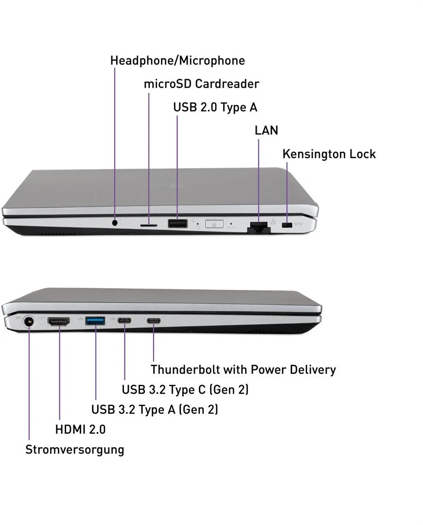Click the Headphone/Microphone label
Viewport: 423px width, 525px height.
[177, 61]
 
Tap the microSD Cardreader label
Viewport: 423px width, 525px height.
[201, 84]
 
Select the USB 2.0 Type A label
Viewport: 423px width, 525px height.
[215, 107]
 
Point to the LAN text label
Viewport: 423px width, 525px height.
[266, 130]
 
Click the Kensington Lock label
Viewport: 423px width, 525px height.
[329, 154]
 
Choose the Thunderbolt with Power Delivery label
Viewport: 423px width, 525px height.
[243, 369]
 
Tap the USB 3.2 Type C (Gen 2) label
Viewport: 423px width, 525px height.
[185, 390]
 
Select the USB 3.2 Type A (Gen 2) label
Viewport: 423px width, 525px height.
[155, 409]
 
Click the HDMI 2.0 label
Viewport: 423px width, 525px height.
[80, 429]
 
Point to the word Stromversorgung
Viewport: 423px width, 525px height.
[75, 450]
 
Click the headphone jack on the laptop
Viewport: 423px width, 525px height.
[115, 222]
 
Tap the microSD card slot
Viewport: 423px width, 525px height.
[148, 225]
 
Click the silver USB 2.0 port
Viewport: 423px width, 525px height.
[177, 223]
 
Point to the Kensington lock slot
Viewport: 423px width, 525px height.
[287, 225]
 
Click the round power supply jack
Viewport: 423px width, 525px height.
[29, 323]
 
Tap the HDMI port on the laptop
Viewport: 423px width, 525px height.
[59, 322]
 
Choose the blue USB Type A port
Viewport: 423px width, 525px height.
[95, 321]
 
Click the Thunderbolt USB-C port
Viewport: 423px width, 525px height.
[154, 321]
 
